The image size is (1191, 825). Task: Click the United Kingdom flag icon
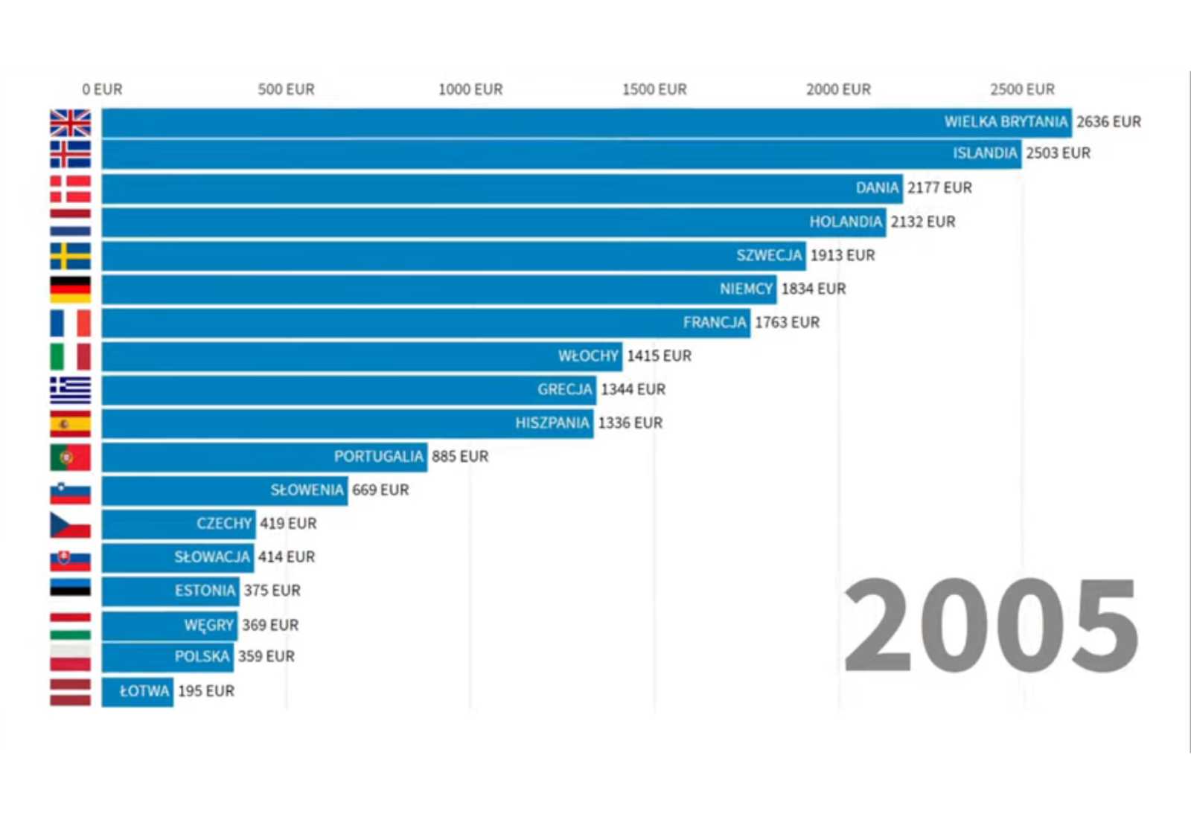70,123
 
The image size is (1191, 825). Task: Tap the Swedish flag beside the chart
70,256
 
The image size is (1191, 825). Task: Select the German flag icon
70,289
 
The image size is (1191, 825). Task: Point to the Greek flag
70,390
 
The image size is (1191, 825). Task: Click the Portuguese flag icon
70,457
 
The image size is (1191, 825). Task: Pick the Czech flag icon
70,524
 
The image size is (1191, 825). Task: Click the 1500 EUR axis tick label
654,90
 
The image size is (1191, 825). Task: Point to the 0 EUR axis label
102,90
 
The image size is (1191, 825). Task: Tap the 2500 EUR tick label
1022,90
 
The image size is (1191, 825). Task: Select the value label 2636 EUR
1108,122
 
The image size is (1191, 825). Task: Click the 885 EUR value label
460,457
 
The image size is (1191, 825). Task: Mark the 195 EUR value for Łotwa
206,691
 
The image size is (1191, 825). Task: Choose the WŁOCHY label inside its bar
588,356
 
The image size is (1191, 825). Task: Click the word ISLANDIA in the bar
985,153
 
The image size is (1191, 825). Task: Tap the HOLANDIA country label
846,222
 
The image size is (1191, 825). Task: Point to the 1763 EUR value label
787,323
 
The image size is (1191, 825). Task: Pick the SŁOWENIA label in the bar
307,490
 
